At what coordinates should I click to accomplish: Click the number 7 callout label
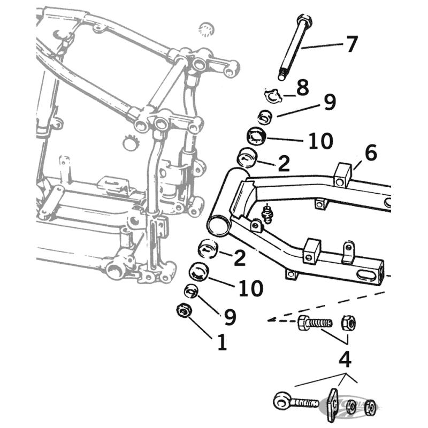click(351, 44)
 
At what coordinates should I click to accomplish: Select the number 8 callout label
click(303, 87)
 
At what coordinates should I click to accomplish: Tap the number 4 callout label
click(346, 359)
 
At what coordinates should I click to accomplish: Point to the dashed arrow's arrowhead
click(271, 321)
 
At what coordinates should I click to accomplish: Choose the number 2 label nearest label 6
click(284, 163)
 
